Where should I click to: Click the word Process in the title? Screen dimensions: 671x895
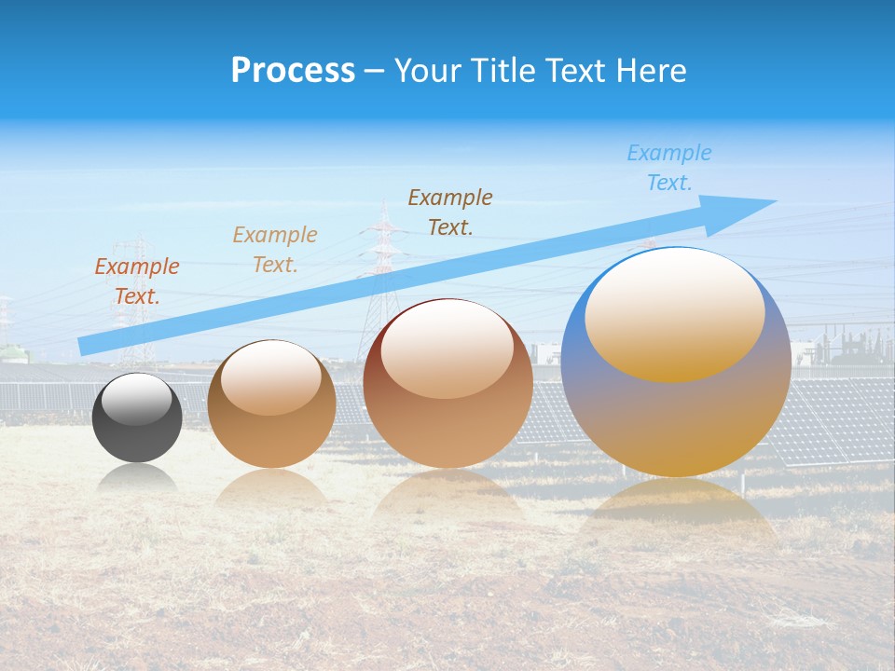293,71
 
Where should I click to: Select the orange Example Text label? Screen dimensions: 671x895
136,281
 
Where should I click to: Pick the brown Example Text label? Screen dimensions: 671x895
450,212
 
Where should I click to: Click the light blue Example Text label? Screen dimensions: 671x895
668,168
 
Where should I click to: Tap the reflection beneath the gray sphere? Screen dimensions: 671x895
137,479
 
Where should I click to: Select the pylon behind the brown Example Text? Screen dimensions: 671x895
382,261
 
